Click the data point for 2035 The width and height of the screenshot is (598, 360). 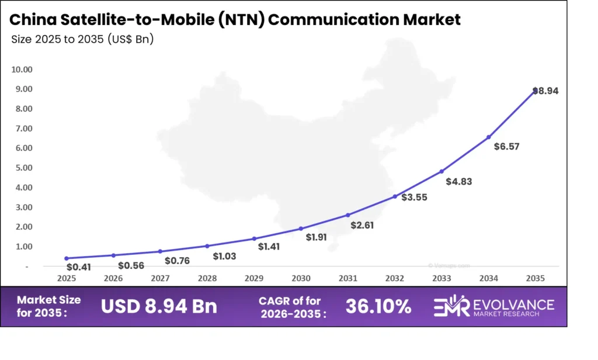click(535, 91)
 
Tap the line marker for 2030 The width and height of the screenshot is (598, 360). click(301, 229)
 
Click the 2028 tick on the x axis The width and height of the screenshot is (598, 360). click(207, 279)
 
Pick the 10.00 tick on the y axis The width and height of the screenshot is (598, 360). click(22, 70)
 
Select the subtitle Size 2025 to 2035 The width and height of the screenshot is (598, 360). click(82, 40)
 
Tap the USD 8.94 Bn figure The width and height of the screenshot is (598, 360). click(159, 306)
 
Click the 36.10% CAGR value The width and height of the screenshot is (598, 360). click(378, 306)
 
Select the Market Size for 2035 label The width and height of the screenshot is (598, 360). click(48, 306)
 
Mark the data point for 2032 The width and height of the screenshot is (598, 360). click(395, 196)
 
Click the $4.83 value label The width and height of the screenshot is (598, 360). click(458, 181)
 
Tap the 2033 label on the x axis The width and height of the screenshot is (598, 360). click(441, 279)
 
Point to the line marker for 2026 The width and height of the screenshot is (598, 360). click(113, 255)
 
